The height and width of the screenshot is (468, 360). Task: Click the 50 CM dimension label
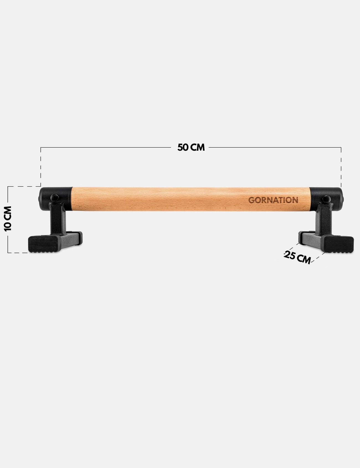(191, 148)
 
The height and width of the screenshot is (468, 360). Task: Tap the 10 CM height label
(8, 219)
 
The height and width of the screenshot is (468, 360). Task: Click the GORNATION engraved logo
(273, 200)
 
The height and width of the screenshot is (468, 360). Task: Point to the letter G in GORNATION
(251, 200)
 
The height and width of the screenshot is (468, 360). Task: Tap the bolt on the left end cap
(54, 198)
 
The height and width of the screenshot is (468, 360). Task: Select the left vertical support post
(58, 219)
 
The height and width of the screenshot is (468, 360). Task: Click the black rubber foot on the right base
(339, 244)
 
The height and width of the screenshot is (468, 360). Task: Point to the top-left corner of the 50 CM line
(41, 148)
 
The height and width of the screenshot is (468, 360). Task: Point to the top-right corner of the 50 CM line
(341, 148)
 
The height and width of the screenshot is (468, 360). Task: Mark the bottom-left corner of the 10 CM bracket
(8, 253)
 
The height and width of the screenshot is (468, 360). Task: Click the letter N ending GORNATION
(295, 200)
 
